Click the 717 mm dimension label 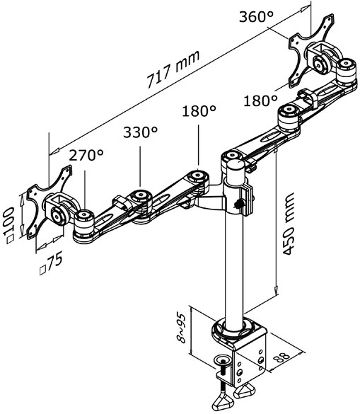pos(173,69)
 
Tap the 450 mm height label pos(288,224)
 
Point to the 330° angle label pos(140,132)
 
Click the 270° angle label pos(86,155)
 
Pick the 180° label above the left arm pos(199,111)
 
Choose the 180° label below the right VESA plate pos(260,100)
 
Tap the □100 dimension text pos(10,225)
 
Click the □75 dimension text pos(51,263)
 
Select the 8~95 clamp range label pos(182,328)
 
